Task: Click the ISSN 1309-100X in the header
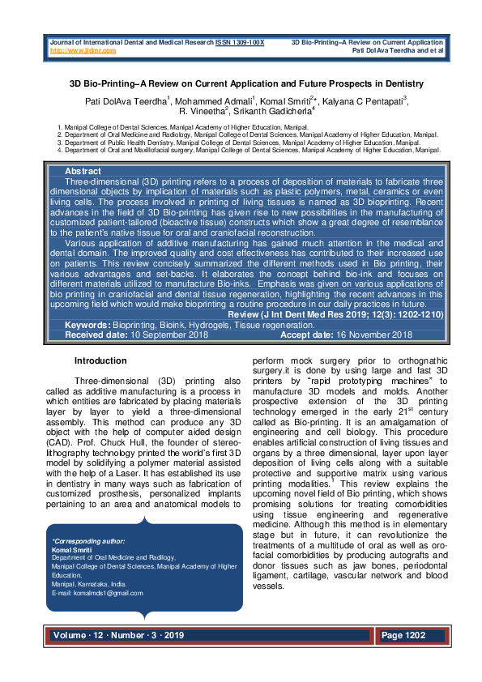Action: (240, 41)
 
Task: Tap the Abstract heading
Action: (83, 172)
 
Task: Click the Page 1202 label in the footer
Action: (403, 636)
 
